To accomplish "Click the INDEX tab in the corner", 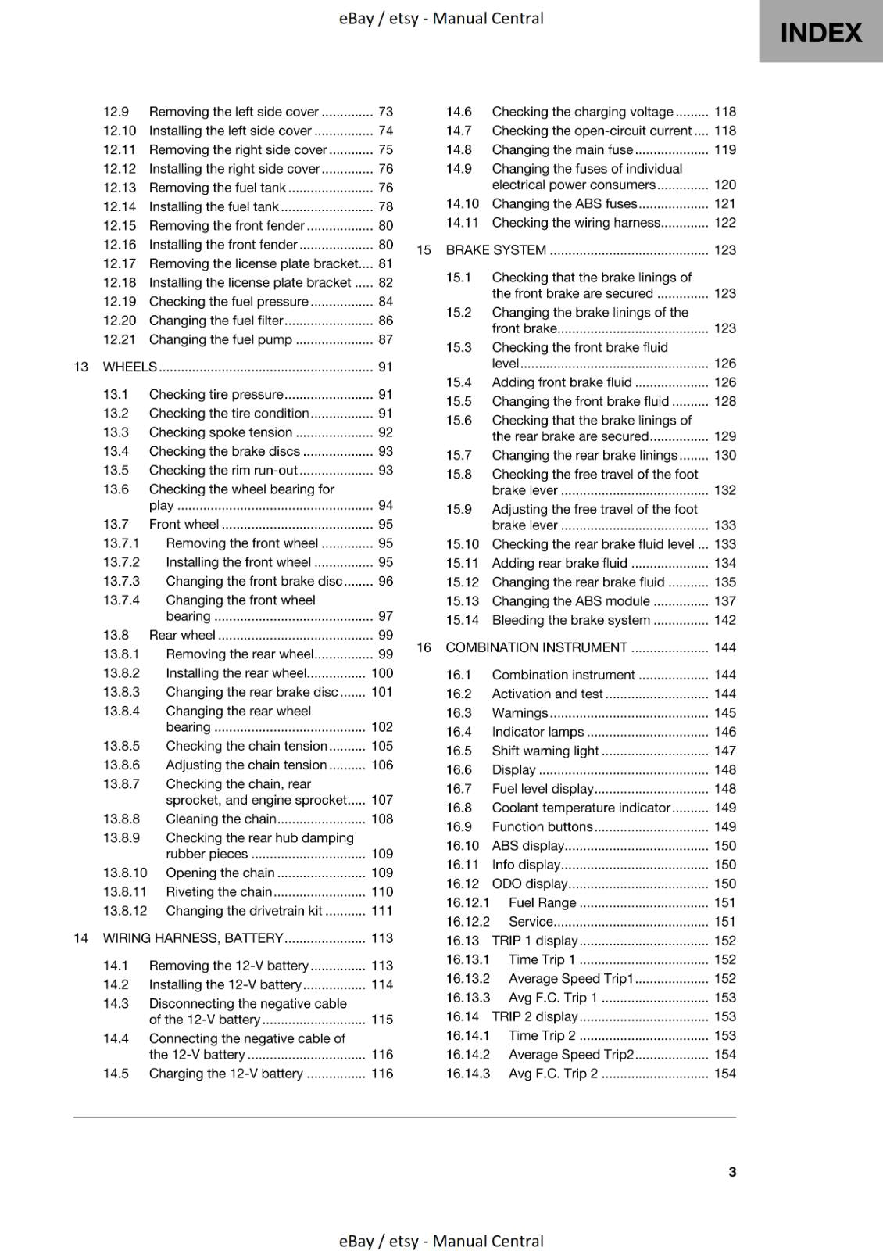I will pos(820,33).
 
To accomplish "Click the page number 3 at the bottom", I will pos(732,1171).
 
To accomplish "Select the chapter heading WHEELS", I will pos(130,367).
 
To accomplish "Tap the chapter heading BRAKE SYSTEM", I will pos(495,250).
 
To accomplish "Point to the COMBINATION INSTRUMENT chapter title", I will pos(536,647).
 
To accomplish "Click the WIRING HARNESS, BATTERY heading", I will pos(193,938).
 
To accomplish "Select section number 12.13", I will pos(120,188).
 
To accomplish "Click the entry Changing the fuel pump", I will pos(220,339).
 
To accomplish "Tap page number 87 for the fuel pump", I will pos(385,339).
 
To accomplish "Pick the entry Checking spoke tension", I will pos(220,432).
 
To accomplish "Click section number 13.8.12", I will pos(125,911).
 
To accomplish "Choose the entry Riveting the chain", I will pos(219,892).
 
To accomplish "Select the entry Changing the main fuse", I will pos(562,150).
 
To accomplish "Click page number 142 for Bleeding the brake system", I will pos(724,620).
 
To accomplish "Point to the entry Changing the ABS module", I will pos(570,601).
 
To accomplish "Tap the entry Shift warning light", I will pos(545,751).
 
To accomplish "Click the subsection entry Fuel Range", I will pos(542,902).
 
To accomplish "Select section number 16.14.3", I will pos(468,1074).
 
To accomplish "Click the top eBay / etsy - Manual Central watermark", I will pos(441,18).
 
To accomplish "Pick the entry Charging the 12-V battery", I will pos(226,1074).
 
